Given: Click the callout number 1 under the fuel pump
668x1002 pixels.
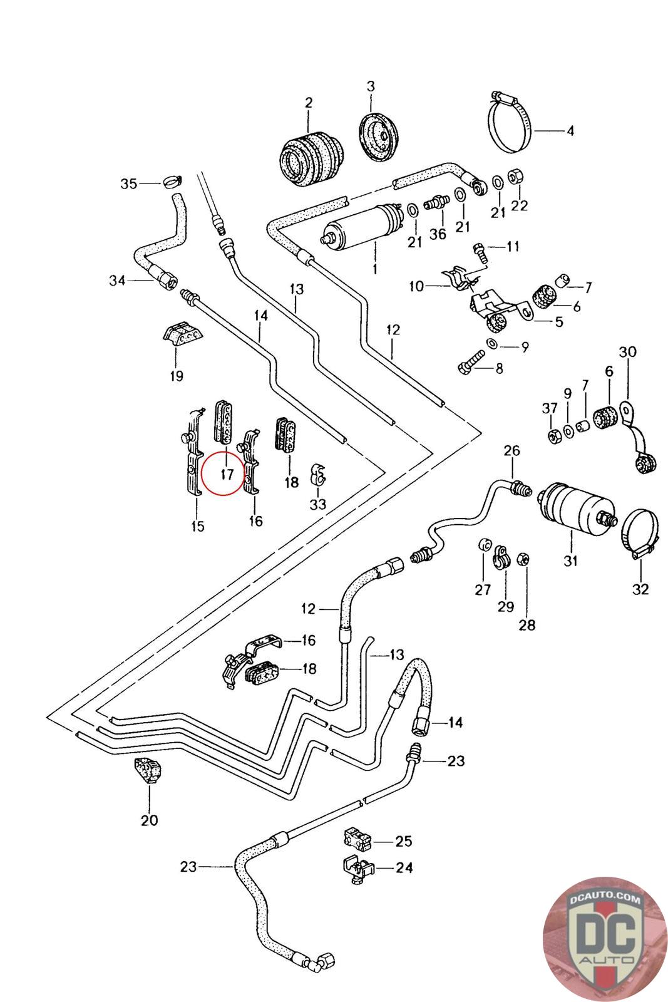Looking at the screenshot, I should click(374, 270).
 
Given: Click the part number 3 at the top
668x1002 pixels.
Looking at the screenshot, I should click(371, 85).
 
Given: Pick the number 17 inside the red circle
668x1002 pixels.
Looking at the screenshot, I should click(226, 474).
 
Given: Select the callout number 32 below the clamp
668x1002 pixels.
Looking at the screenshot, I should click(640, 589).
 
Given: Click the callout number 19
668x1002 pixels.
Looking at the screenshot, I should click(176, 376).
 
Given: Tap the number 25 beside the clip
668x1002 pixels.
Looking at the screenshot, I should click(404, 840).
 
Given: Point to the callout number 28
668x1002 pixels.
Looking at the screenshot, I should click(527, 625).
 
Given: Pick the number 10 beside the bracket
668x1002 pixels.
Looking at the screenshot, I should click(416, 287).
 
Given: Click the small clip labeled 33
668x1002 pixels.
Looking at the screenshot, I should click(318, 476).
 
